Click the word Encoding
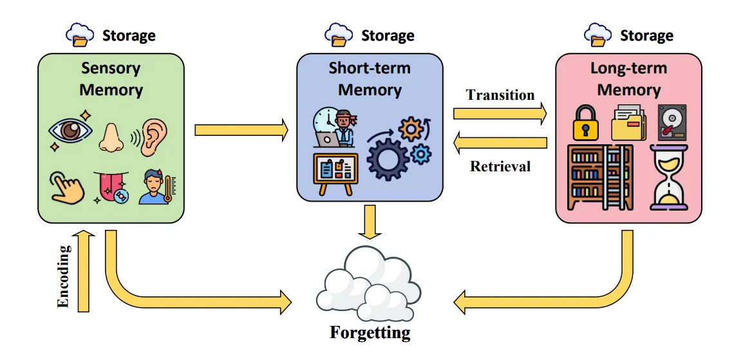point(63,276)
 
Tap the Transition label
point(500,95)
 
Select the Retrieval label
point(500,167)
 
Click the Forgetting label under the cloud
point(370,333)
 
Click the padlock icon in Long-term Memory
point(585,124)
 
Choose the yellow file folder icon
point(629,124)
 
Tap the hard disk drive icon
point(672,122)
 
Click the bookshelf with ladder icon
point(599,177)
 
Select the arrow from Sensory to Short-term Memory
point(241,130)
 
